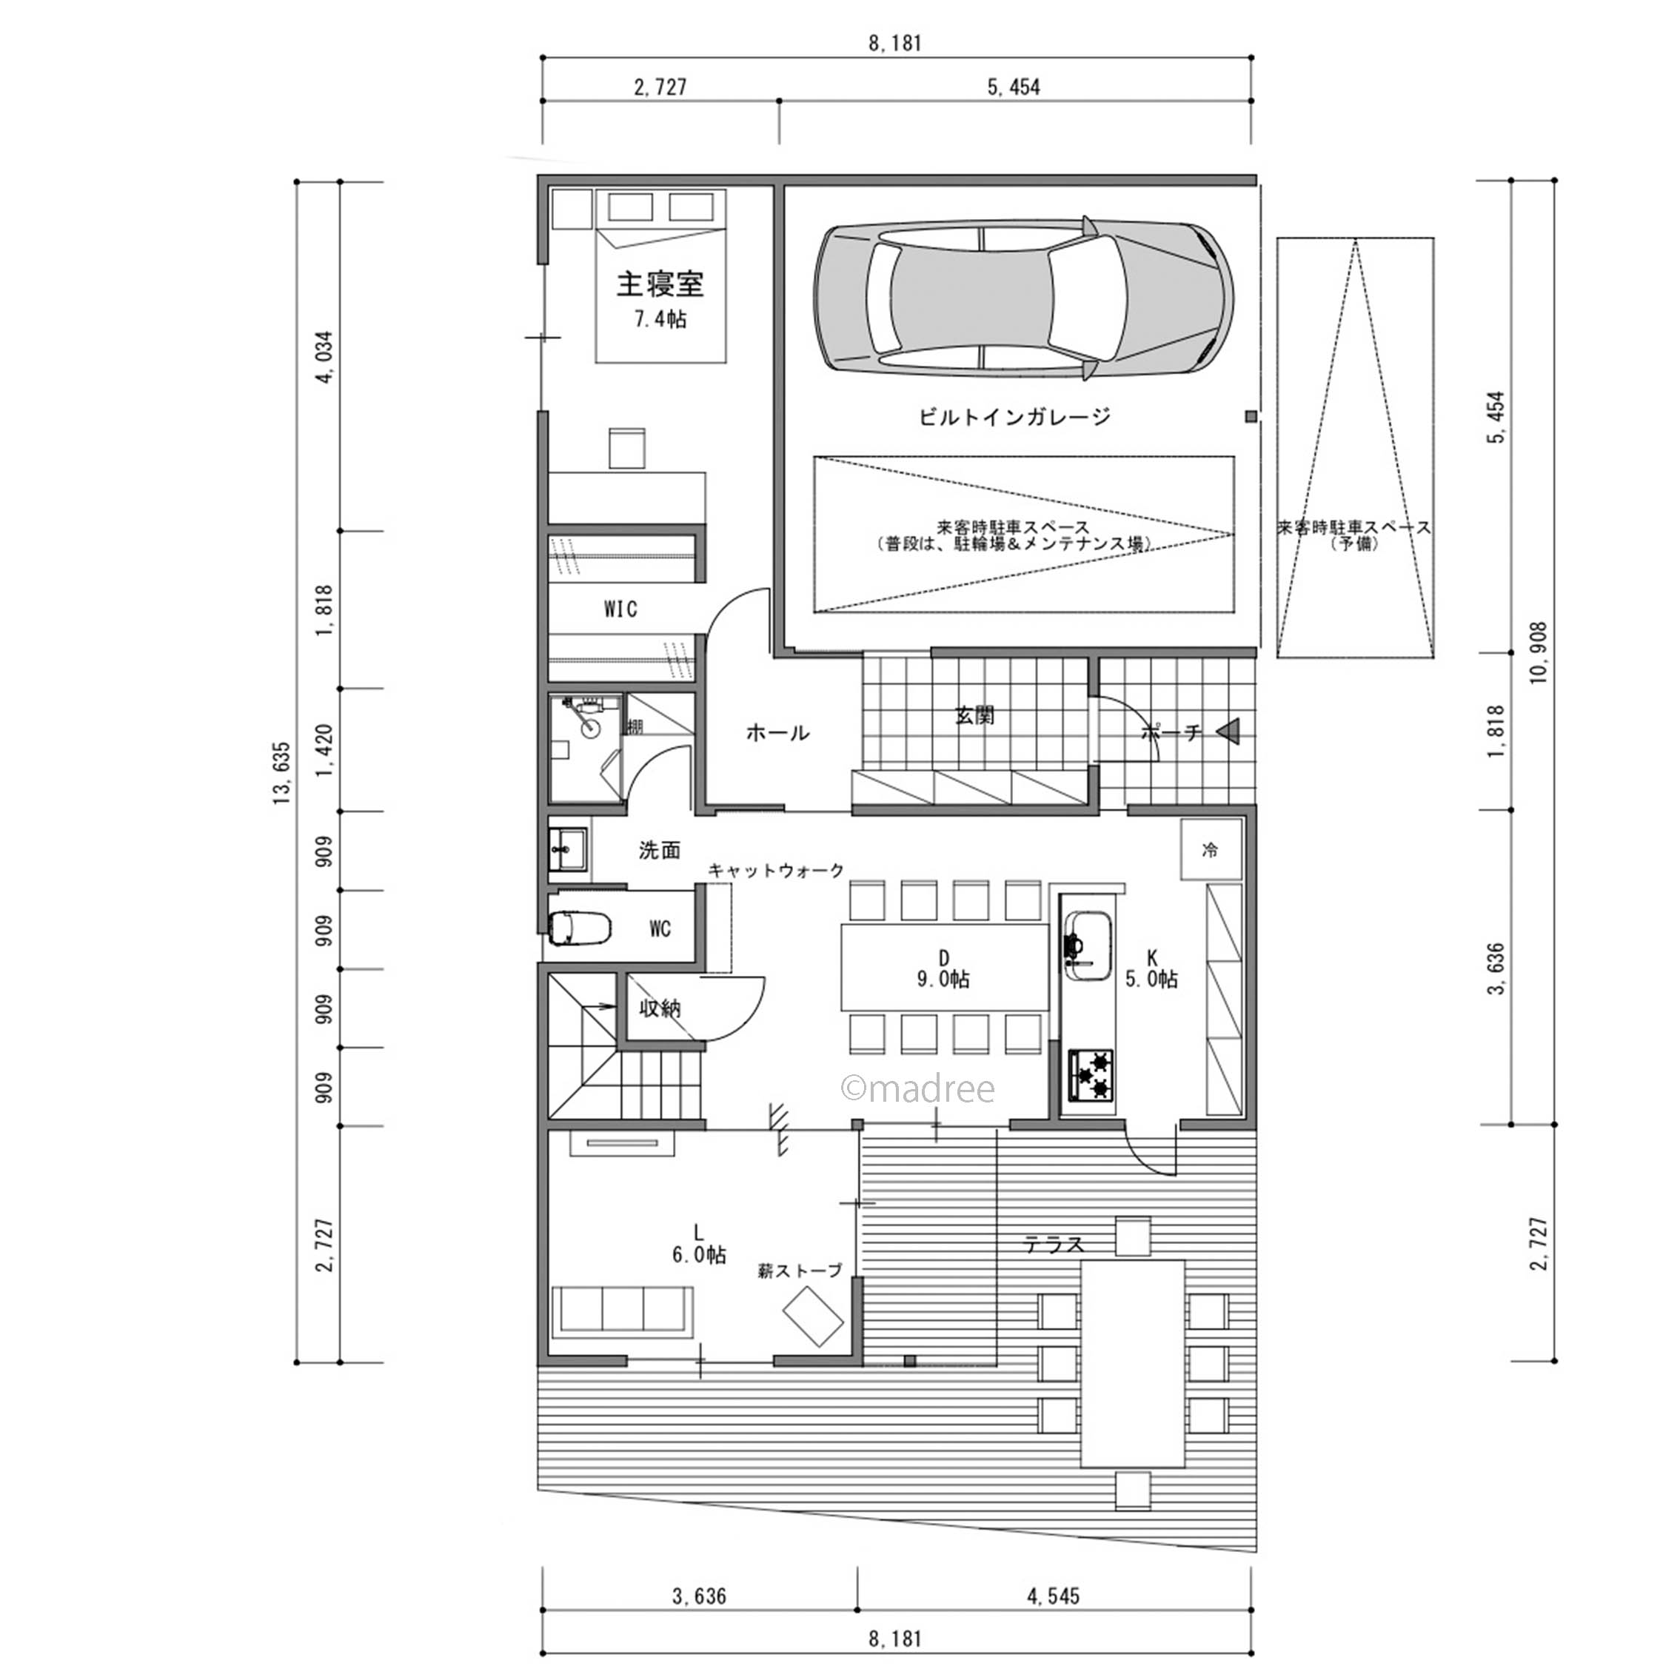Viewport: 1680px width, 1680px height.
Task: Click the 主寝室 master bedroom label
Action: pyautogui.click(x=660, y=284)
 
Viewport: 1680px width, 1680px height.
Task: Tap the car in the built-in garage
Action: pyautogui.click(x=1023, y=298)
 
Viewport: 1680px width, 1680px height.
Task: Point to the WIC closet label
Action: pyautogui.click(x=621, y=609)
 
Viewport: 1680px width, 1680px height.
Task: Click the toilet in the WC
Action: pyautogui.click(x=582, y=927)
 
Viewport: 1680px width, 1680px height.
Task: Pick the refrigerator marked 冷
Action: pyautogui.click(x=1211, y=849)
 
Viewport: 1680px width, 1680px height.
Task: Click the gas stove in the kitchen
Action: pyautogui.click(x=1091, y=1076)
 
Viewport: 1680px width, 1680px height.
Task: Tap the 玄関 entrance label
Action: pyautogui.click(x=974, y=716)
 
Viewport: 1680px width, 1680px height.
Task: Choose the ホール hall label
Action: pyautogui.click(x=777, y=733)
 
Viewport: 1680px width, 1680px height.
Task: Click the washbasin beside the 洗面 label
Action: pyautogui.click(x=569, y=849)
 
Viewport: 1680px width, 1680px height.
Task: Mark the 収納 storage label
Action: pyautogui.click(x=660, y=1008)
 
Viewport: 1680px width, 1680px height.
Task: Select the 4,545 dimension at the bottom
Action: pyautogui.click(x=1053, y=1596)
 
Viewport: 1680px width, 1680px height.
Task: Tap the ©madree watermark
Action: pyautogui.click(x=917, y=1088)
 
